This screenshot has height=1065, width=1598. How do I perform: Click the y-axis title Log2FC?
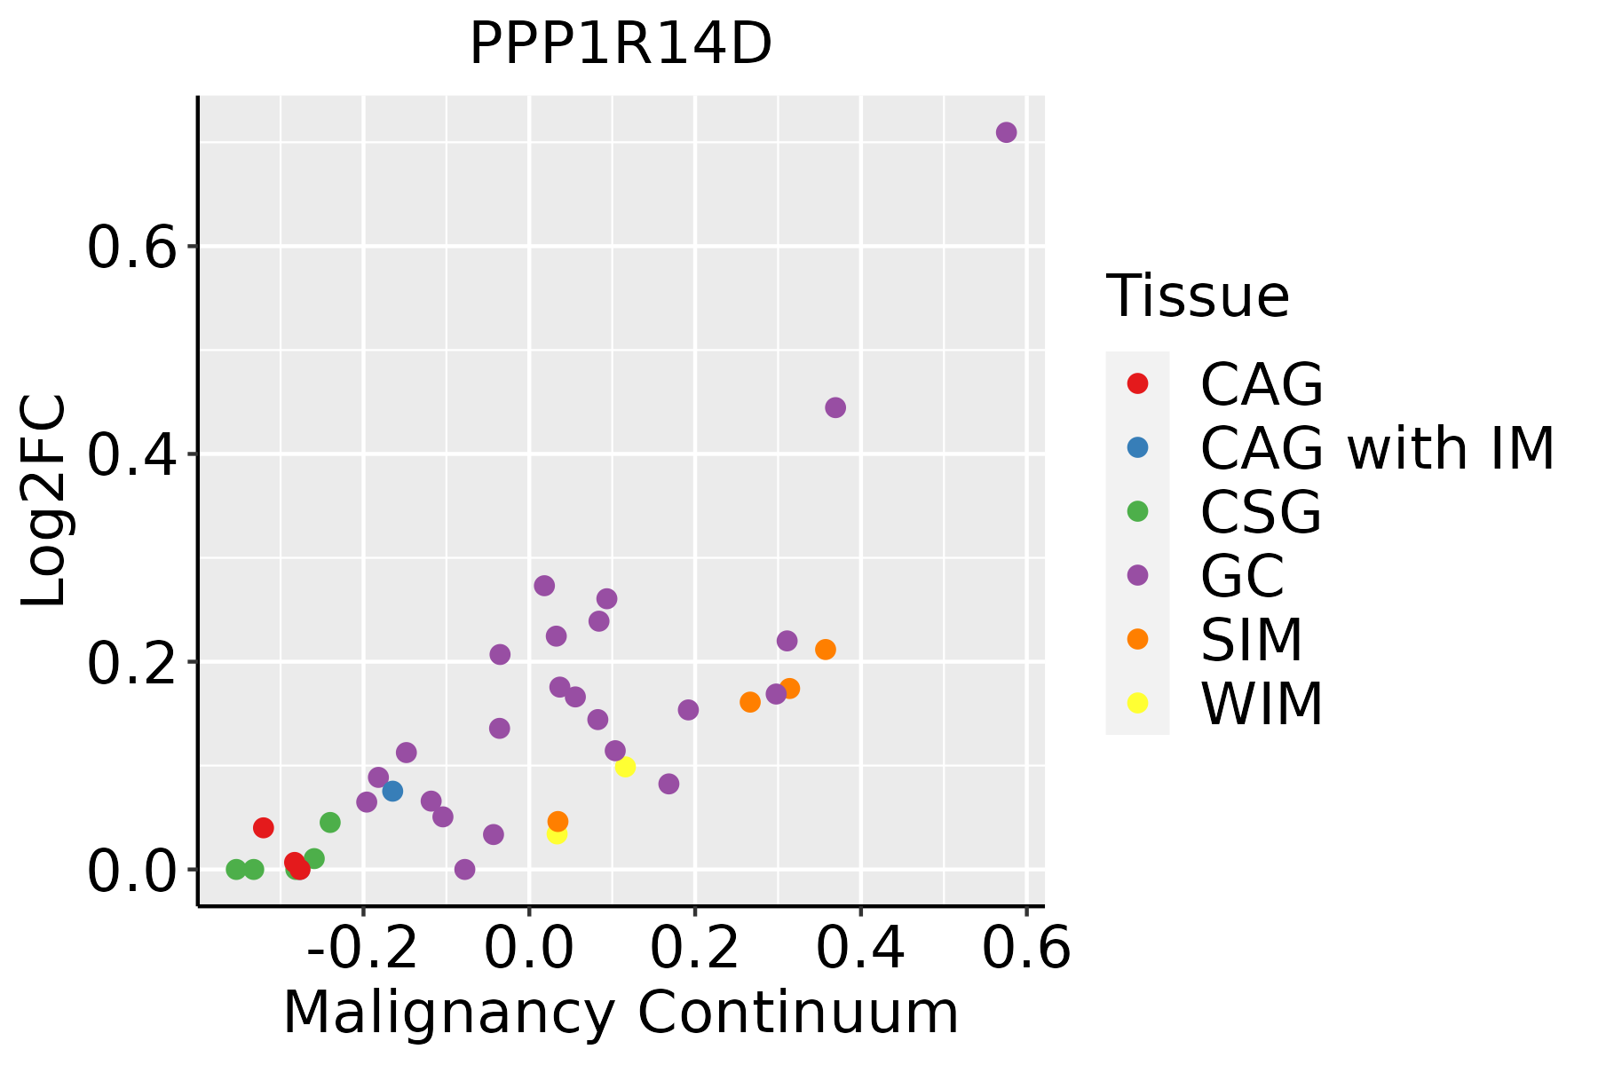tap(44, 501)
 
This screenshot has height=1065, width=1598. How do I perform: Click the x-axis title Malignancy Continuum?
tap(621, 1014)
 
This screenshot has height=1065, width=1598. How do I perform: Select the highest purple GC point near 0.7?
tap(1006, 132)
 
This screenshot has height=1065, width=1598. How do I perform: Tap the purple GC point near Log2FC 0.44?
tap(835, 407)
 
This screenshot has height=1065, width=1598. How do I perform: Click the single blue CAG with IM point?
tap(392, 791)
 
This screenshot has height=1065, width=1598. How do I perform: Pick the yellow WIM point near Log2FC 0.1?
tap(625, 767)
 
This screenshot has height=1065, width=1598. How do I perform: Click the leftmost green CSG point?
tap(236, 869)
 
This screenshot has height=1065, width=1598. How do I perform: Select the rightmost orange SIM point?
tap(826, 650)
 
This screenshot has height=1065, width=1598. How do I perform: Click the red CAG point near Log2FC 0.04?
tap(264, 828)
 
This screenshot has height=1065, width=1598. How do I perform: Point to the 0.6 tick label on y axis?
tap(133, 248)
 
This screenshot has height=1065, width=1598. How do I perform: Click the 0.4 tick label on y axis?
tap(133, 455)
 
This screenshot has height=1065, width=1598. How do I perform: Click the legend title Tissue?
tap(1198, 296)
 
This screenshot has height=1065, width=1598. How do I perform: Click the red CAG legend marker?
tap(1137, 383)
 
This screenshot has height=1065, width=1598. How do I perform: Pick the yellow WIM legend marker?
tap(1137, 703)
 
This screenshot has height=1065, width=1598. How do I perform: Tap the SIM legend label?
tap(1252, 640)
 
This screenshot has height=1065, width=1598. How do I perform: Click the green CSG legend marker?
tap(1137, 511)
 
